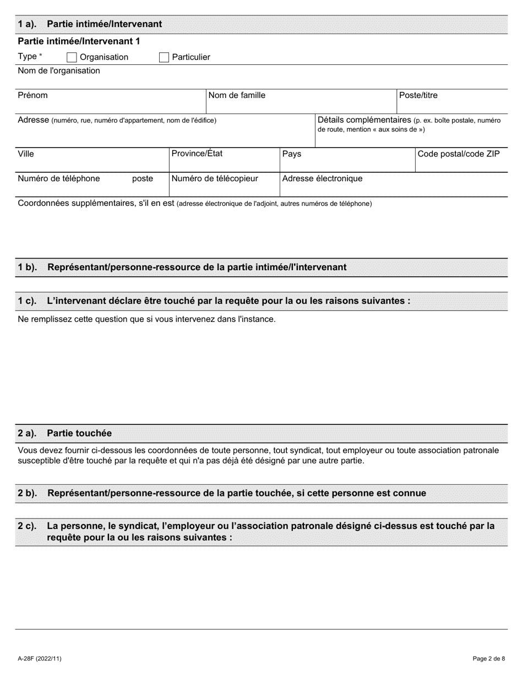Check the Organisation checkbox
pyautogui.click(x=72, y=57)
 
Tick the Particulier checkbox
pyautogui.click(x=164, y=57)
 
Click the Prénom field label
pyautogui.click(x=33, y=95)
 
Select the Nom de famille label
pyautogui.click(x=237, y=95)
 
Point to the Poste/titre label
pyautogui.click(x=418, y=95)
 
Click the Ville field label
pyautogui.click(x=26, y=154)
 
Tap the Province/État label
pyautogui.click(x=197, y=154)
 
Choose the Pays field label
pyautogui.click(x=292, y=154)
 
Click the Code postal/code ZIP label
pyautogui.click(x=459, y=154)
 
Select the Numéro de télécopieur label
pyautogui.click(x=215, y=178)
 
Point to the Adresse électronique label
pyautogui.click(x=322, y=178)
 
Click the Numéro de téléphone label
pyautogui.click(x=59, y=178)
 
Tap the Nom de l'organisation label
pyautogui.click(x=59, y=70)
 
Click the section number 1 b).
pyautogui.click(x=28, y=267)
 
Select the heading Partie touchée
pyautogui.click(x=79, y=433)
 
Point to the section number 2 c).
pyautogui.click(x=28, y=526)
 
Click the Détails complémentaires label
pyautogui.click(x=364, y=120)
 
